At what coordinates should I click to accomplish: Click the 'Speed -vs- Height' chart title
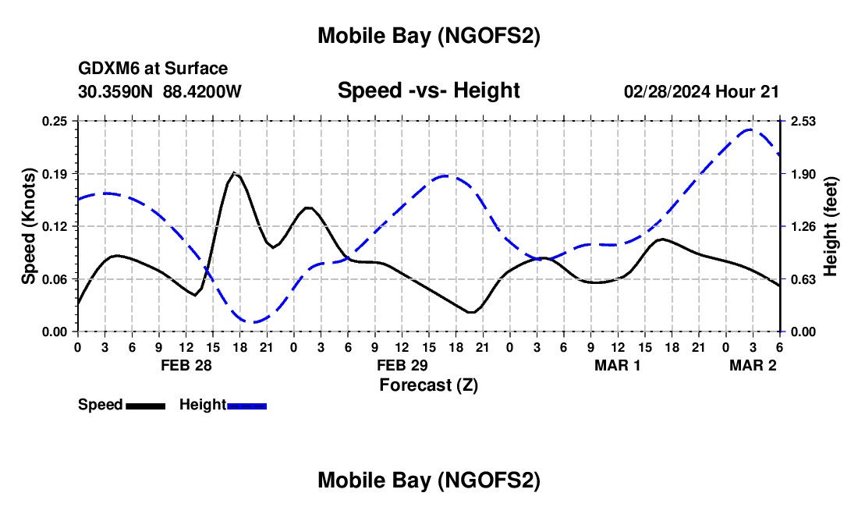pos(428,90)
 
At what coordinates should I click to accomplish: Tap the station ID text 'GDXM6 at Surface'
pos(153,69)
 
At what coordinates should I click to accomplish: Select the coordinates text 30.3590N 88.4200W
pos(160,91)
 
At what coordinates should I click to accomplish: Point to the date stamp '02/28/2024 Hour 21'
pos(701,91)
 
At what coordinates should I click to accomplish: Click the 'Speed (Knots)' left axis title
pos(29,226)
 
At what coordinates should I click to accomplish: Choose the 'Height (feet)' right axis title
pos(830,226)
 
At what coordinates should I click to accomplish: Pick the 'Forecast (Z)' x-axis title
pos(428,384)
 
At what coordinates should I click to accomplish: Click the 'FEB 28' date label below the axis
pos(186,365)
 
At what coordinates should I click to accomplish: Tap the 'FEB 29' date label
pos(402,365)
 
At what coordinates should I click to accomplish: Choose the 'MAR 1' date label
pos(618,365)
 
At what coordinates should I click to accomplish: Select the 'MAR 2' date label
pos(753,365)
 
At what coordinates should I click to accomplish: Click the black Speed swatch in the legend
pos(145,406)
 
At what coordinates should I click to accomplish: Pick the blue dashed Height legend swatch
pos(247,406)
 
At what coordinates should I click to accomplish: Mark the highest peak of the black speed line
pos(234,172)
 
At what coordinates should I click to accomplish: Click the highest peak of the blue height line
pos(750,129)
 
